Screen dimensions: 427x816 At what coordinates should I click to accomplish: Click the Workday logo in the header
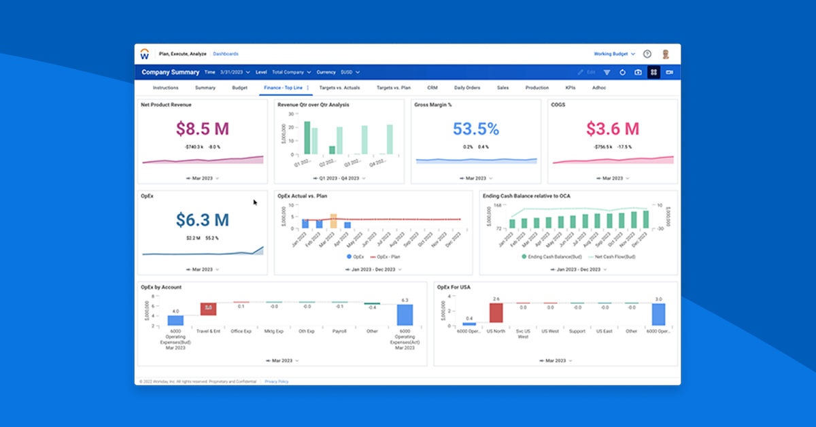(x=145, y=54)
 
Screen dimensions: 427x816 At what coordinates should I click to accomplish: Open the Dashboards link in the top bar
(x=226, y=54)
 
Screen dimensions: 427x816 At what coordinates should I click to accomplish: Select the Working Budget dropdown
(x=614, y=54)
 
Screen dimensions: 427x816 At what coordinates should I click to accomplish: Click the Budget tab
(x=239, y=88)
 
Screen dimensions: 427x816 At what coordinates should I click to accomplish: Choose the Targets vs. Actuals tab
(x=339, y=88)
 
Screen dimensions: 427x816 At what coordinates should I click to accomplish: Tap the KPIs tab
(x=571, y=88)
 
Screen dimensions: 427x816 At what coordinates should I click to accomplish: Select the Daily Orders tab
(x=467, y=88)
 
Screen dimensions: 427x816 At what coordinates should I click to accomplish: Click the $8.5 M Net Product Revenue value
(x=203, y=129)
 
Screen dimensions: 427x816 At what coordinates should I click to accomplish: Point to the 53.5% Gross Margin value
(x=475, y=129)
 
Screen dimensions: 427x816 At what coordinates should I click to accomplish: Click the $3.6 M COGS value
(x=613, y=129)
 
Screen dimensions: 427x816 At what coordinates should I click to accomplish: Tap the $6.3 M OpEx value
(x=203, y=220)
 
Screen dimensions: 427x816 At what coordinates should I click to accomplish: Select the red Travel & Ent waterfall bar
(x=208, y=309)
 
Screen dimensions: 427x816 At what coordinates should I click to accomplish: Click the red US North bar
(x=496, y=313)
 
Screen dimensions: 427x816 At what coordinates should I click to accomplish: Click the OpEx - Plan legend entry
(x=385, y=257)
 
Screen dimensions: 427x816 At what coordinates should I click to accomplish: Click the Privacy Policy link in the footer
(x=277, y=381)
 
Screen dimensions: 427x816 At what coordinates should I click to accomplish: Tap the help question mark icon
(x=647, y=54)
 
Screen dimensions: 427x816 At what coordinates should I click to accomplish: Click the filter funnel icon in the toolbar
(x=607, y=72)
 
